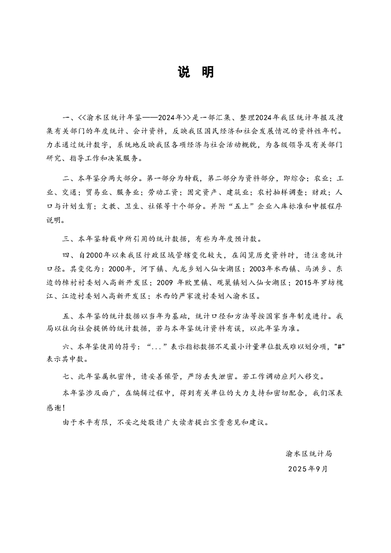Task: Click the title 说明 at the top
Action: (195, 72)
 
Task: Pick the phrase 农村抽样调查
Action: (276, 194)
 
